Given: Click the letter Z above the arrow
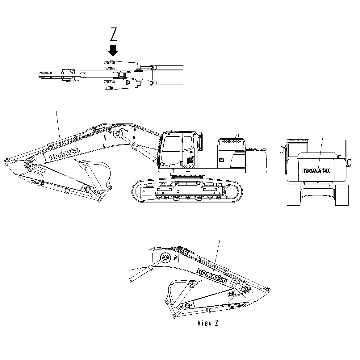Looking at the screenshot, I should (114, 35).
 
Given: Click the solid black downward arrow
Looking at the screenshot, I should (114, 50).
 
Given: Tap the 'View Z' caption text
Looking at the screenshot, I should (208, 323).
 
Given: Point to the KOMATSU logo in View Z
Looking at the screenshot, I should (212, 276).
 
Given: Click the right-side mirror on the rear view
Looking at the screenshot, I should (350, 162).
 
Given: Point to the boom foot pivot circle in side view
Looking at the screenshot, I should (117, 133).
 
